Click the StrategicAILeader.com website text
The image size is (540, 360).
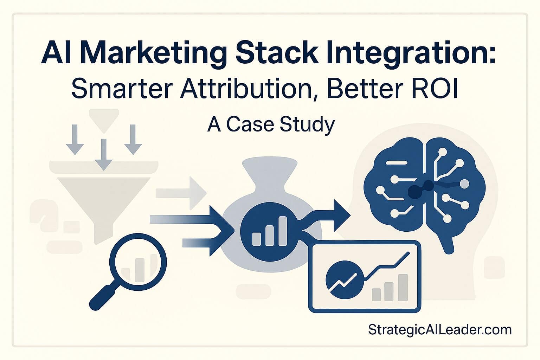click(440, 330)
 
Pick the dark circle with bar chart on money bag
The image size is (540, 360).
click(269, 230)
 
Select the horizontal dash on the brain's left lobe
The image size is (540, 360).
click(397, 163)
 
